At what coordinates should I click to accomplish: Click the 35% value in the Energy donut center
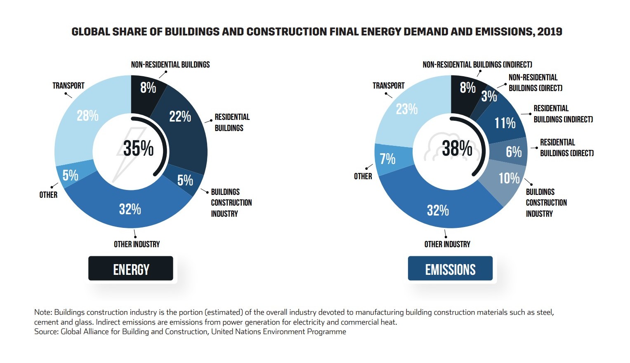coord(138,148)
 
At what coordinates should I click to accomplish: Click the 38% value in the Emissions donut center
coord(457,148)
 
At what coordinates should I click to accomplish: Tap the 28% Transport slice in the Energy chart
coord(87,116)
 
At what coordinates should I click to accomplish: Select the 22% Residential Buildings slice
coord(180,117)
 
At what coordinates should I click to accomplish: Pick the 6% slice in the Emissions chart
coord(514,152)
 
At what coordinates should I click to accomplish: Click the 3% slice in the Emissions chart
coord(489,96)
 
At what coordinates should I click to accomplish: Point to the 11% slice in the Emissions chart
coord(505,123)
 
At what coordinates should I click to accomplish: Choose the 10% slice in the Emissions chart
coord(509,178)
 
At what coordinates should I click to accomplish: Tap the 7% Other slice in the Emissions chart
coord(387,159)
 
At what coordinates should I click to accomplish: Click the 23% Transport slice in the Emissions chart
coord(406,109)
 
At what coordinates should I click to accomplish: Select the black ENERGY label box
coord(131,269)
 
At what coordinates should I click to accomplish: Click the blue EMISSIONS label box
coord(450,269)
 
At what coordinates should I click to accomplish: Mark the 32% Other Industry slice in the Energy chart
coord(130,209)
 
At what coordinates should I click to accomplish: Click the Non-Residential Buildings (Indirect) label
coord(477,65)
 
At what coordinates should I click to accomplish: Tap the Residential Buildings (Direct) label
coord(566,148)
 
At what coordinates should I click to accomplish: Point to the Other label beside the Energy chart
coord(48,195)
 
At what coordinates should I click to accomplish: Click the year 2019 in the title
coord(550,32)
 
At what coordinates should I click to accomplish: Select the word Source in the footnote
coord(46,332)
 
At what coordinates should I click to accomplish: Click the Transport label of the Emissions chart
coord(388,86)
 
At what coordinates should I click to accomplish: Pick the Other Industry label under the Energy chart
coord(137,244)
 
